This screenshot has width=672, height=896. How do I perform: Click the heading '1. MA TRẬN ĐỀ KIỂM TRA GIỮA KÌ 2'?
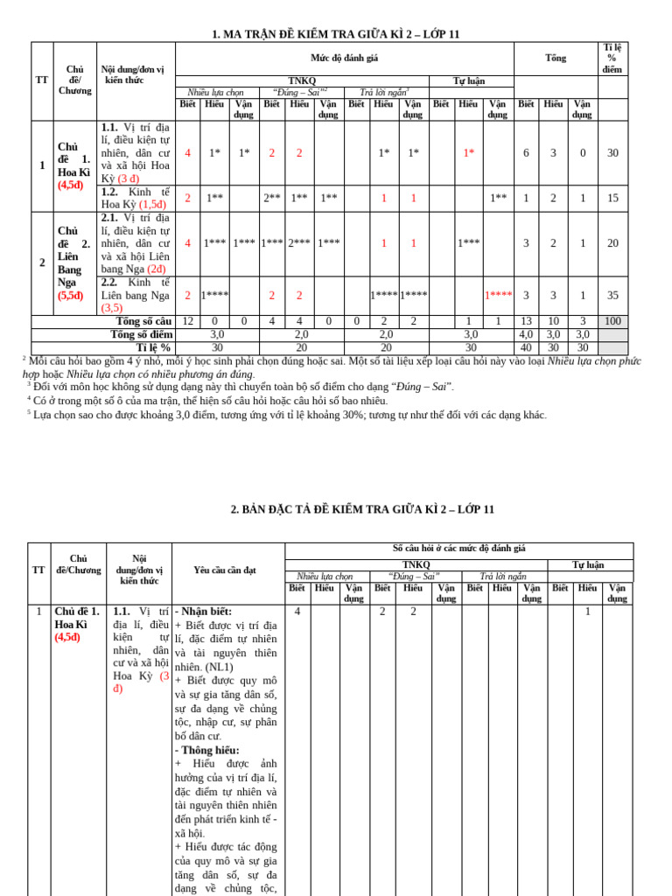(336, 34)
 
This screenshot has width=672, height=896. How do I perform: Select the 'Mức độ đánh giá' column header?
(344, 58)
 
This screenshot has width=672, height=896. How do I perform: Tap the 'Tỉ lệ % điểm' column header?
(612, 58)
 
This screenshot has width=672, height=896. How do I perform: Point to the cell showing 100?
(612, 321)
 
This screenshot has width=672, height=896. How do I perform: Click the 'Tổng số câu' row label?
(143, 321)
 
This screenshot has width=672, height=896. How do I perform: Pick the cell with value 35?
(612, 295)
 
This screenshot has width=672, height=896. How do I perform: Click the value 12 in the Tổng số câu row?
(187, 321)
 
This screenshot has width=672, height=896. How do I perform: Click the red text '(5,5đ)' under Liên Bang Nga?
(71, 296)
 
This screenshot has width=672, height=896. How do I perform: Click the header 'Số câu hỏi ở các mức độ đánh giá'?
(458, 549)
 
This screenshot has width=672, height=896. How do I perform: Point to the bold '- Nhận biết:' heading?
(203, 612)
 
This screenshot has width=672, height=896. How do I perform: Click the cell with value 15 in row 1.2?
(612, 198)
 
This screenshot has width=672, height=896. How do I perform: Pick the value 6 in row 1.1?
(526, 152)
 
